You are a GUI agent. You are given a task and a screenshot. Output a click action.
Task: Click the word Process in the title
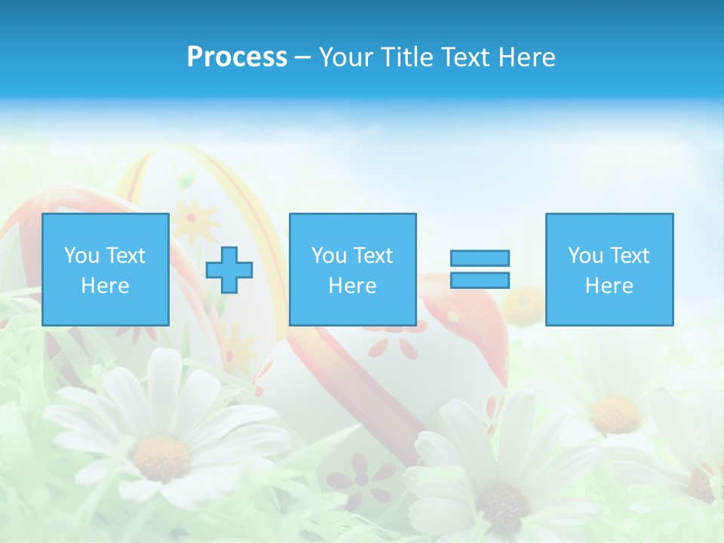pyautogui.click(x=237, y=57)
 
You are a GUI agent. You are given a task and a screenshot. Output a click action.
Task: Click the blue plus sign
pyautogui.click(x=229, y=270)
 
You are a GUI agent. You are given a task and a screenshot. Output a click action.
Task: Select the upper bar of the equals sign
pyautogui.click(x=480, y=258)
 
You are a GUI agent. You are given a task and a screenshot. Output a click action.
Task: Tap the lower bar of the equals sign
pyautogui.click(x=480, y=281)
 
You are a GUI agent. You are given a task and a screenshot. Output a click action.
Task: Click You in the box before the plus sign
pyautogui.click(x=81, y=256)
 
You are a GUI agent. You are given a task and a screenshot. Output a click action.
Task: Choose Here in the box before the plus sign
pyautogui.click(x=105, y=286)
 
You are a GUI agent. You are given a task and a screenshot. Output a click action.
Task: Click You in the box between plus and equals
pyautogui.click(x=329, y=256)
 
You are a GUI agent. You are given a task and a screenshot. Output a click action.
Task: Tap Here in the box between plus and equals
pyautogui.click(x=352, y=286)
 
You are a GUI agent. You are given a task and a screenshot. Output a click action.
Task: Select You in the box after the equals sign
pyautogui.click(x=585, y=256)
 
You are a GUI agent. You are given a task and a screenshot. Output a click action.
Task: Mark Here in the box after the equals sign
pyautogui.click(x=609, y=286)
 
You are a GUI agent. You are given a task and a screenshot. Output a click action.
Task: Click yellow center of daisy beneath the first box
pyautogui.click(x=161, y=458)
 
